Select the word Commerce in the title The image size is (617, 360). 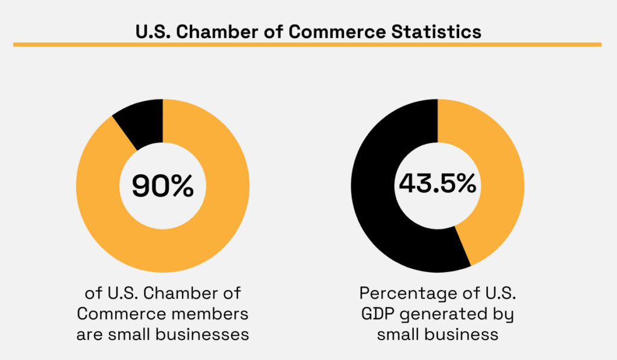click(x=325, y=31)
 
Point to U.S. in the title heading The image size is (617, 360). click(x=154, y=31)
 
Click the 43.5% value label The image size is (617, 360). click(x=437, y=185)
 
